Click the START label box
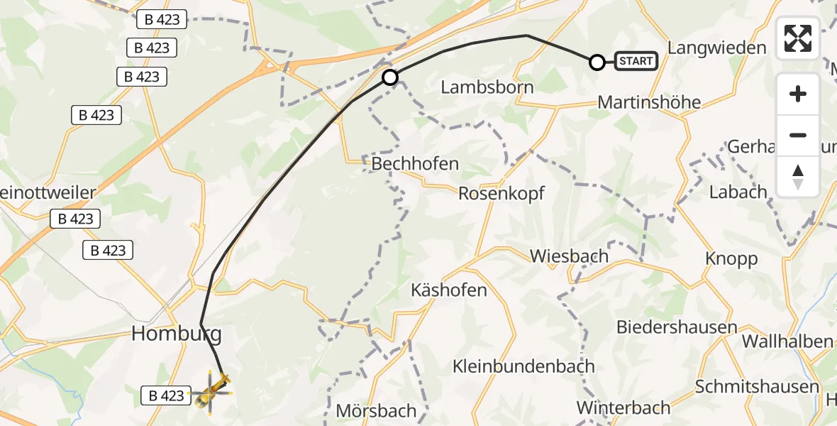636,61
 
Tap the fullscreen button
798,38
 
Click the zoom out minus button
798,135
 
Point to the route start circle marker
597,62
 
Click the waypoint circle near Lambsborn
390,77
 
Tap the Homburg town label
177,333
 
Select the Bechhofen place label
415,164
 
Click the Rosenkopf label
504,193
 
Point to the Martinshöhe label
649,102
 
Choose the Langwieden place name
717,48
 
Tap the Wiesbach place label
569,256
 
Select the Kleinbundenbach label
523,366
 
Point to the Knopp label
731,259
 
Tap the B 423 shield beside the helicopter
167,395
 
